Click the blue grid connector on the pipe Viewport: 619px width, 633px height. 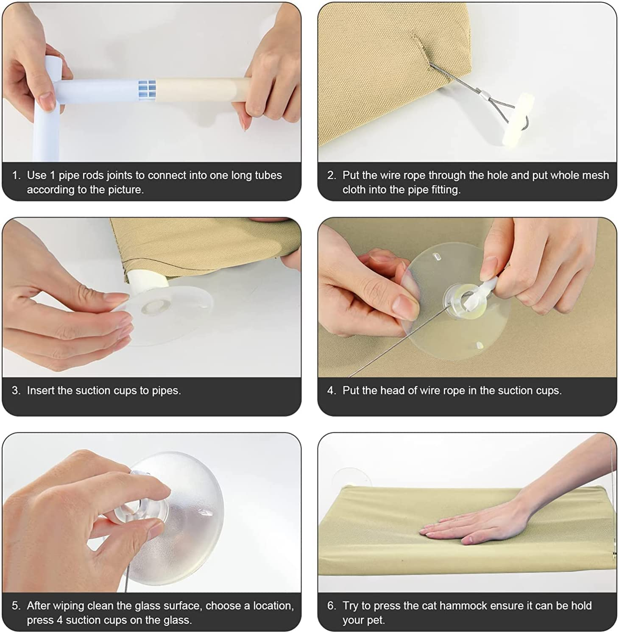[x=147, y=88]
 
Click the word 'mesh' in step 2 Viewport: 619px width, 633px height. [x=596, y=175]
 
